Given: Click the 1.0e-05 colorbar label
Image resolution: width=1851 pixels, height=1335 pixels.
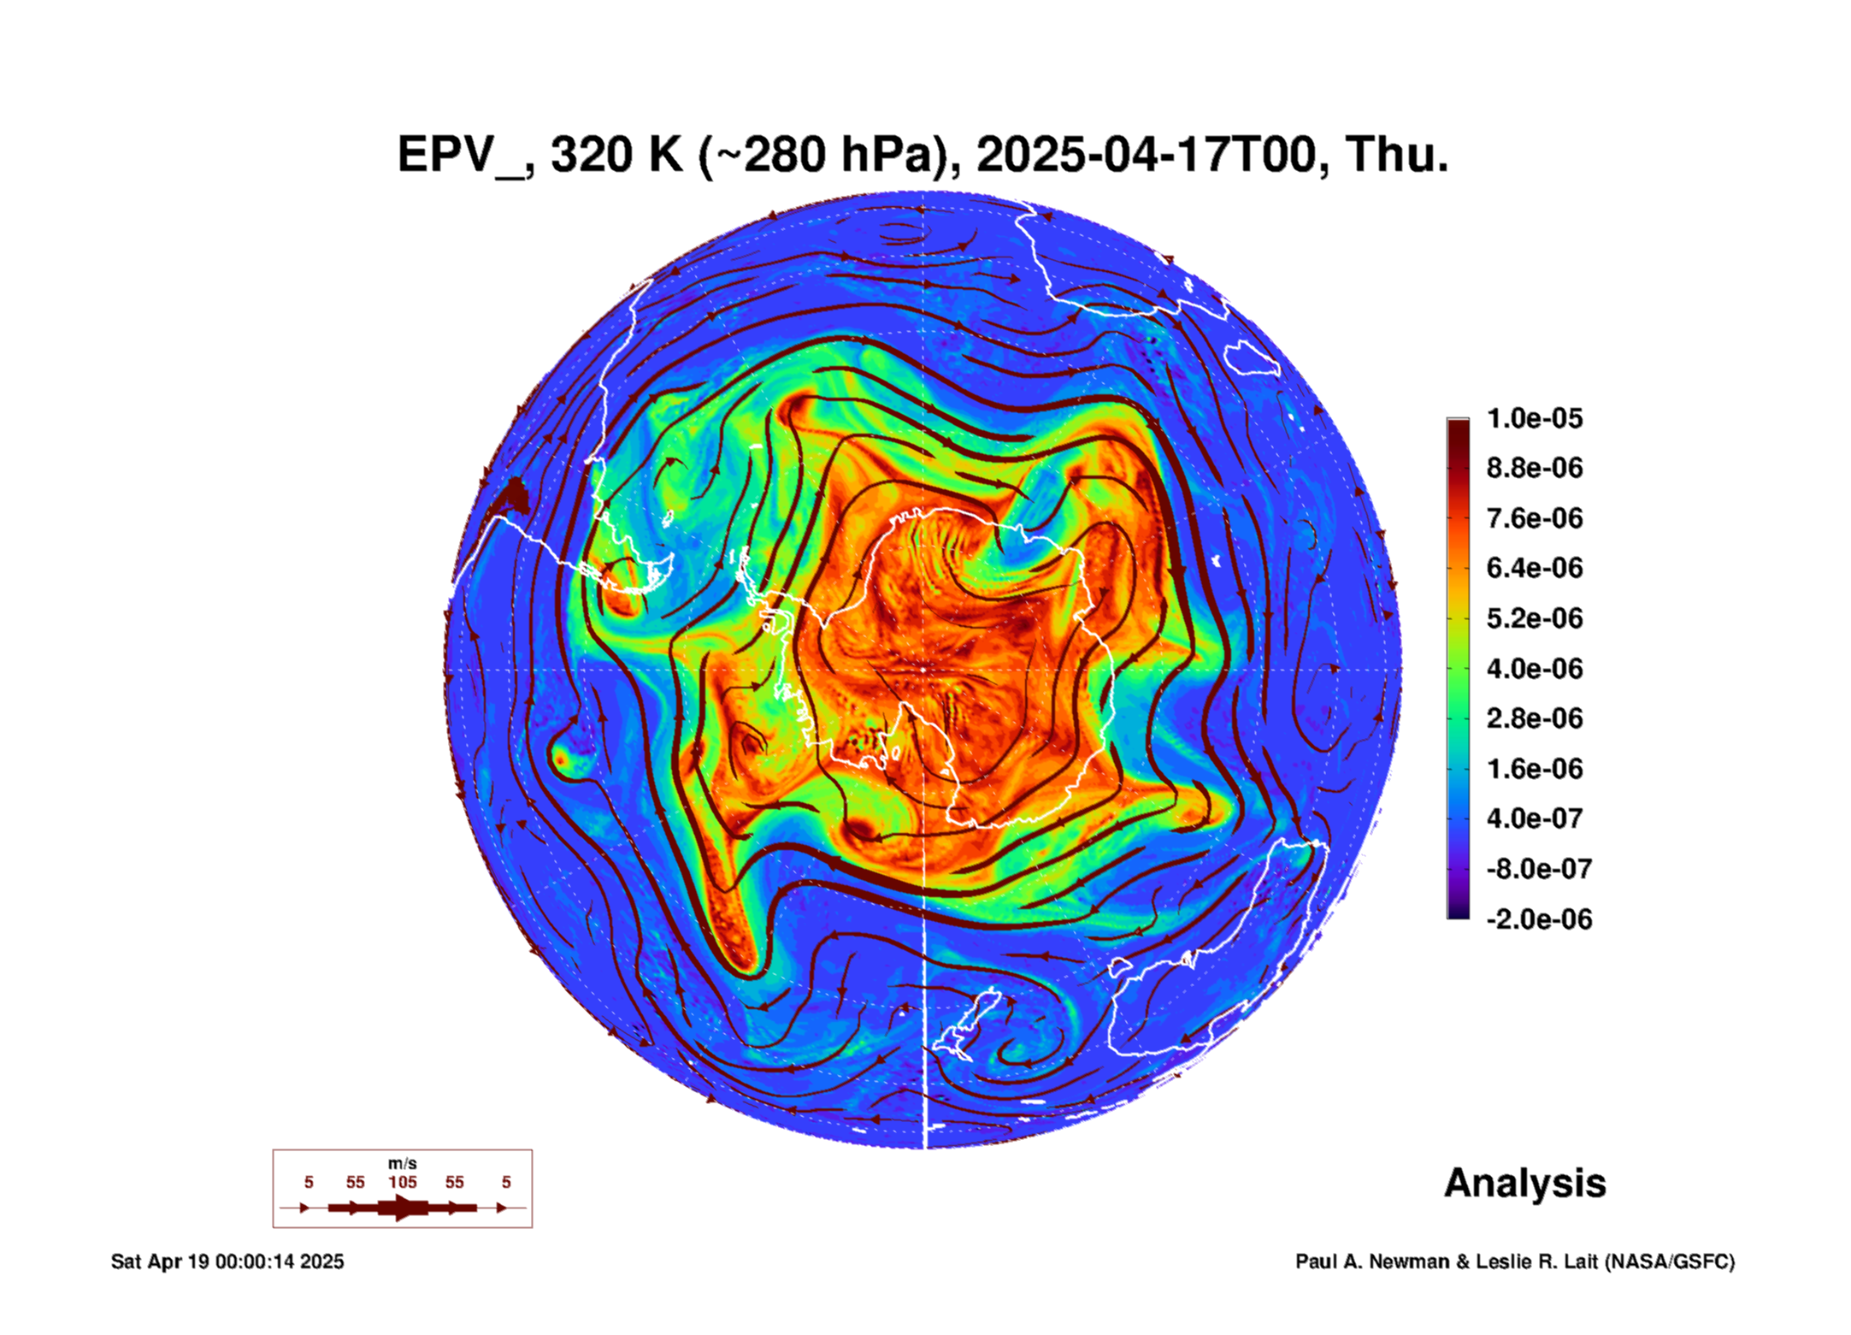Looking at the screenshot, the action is point(1535,418).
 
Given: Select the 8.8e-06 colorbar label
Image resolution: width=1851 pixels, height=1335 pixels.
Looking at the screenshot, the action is point(1535,468).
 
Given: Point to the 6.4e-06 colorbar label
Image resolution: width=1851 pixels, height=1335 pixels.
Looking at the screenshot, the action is point(1535,568).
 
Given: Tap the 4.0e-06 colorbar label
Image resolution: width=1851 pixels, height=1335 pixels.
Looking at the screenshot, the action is point(1535,668).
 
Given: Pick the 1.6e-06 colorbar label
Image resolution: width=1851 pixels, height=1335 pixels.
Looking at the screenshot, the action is point(1535,768).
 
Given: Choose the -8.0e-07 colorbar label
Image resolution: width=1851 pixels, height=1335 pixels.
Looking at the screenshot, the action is point(1539,869).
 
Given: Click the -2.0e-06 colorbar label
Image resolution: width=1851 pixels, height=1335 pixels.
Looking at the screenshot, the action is point(1539,919).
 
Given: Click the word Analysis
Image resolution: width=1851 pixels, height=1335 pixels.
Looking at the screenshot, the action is point(1525,1184).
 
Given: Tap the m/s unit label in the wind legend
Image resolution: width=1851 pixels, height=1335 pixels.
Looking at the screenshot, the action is point(403,1163).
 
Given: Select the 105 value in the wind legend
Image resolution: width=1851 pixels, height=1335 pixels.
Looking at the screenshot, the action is point(403,1182).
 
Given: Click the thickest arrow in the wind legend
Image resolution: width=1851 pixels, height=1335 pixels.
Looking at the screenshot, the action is point(403,1208).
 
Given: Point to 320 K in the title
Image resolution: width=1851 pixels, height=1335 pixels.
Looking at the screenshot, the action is point(617,155).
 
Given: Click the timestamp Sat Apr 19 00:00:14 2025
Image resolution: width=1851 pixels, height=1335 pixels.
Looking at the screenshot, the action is point(227,1261).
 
